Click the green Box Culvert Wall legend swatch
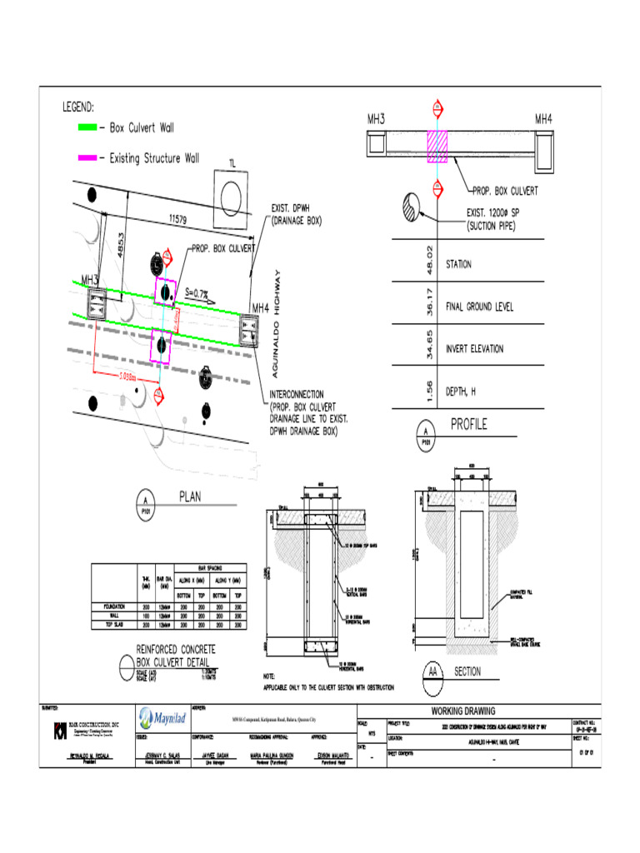(x=87, y=128)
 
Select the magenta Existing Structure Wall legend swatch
(x=87, y=157)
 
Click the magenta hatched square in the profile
(x=437, y=147)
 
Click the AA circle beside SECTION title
(x=433, y=672)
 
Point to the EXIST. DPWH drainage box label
(x=297, y=215)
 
